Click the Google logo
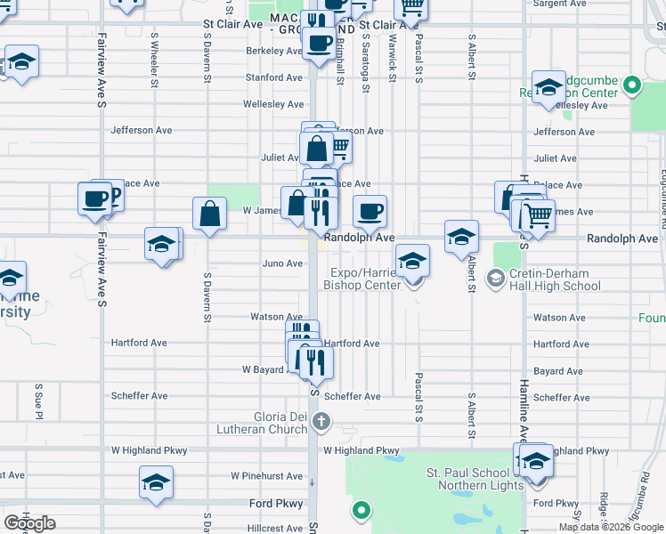(30, 522)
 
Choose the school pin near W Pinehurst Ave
(156, 483)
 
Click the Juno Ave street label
(282, 263)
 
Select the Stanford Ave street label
(273, 78)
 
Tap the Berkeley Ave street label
(274, 52)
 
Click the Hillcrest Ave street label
(276, 528)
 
